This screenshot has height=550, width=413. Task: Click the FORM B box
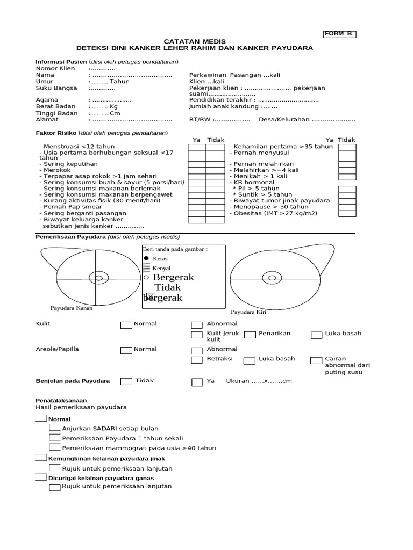click(339, 34)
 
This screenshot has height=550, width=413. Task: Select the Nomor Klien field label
click(55, 69)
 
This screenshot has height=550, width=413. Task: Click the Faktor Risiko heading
click(56, 133)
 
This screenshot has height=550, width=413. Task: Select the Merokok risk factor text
click(56, 170)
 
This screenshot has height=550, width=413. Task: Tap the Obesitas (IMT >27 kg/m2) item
click(275, 213)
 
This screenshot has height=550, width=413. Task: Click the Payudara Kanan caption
click(72, 308)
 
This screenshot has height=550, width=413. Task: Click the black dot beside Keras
click(146, 258)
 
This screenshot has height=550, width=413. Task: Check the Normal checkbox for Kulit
click(126, 325)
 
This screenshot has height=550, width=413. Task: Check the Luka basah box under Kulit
click(316, 335)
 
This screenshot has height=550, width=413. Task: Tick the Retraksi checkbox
click(197, 360)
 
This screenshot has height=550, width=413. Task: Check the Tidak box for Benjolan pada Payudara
click(126, 381)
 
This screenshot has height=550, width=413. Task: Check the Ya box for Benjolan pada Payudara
click(197, 382)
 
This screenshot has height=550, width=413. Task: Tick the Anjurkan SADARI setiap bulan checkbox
click(54, 428)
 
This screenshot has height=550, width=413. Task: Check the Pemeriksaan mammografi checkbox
click(54, 447)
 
